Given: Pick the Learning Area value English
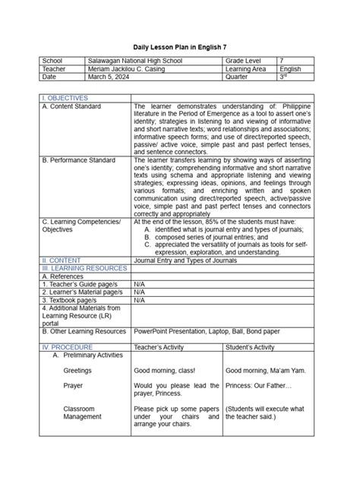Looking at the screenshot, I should (290, 68).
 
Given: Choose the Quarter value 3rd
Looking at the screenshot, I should (283, 77).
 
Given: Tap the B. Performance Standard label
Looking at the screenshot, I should (79, 160).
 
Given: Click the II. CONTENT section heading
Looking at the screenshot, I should (62, 260).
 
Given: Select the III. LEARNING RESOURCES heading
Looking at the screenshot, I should (81, 268).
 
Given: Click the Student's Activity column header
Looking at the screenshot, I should (250, 346).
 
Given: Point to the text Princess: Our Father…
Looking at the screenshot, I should (257, 385).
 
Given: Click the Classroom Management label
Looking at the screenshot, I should (82, 412).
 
